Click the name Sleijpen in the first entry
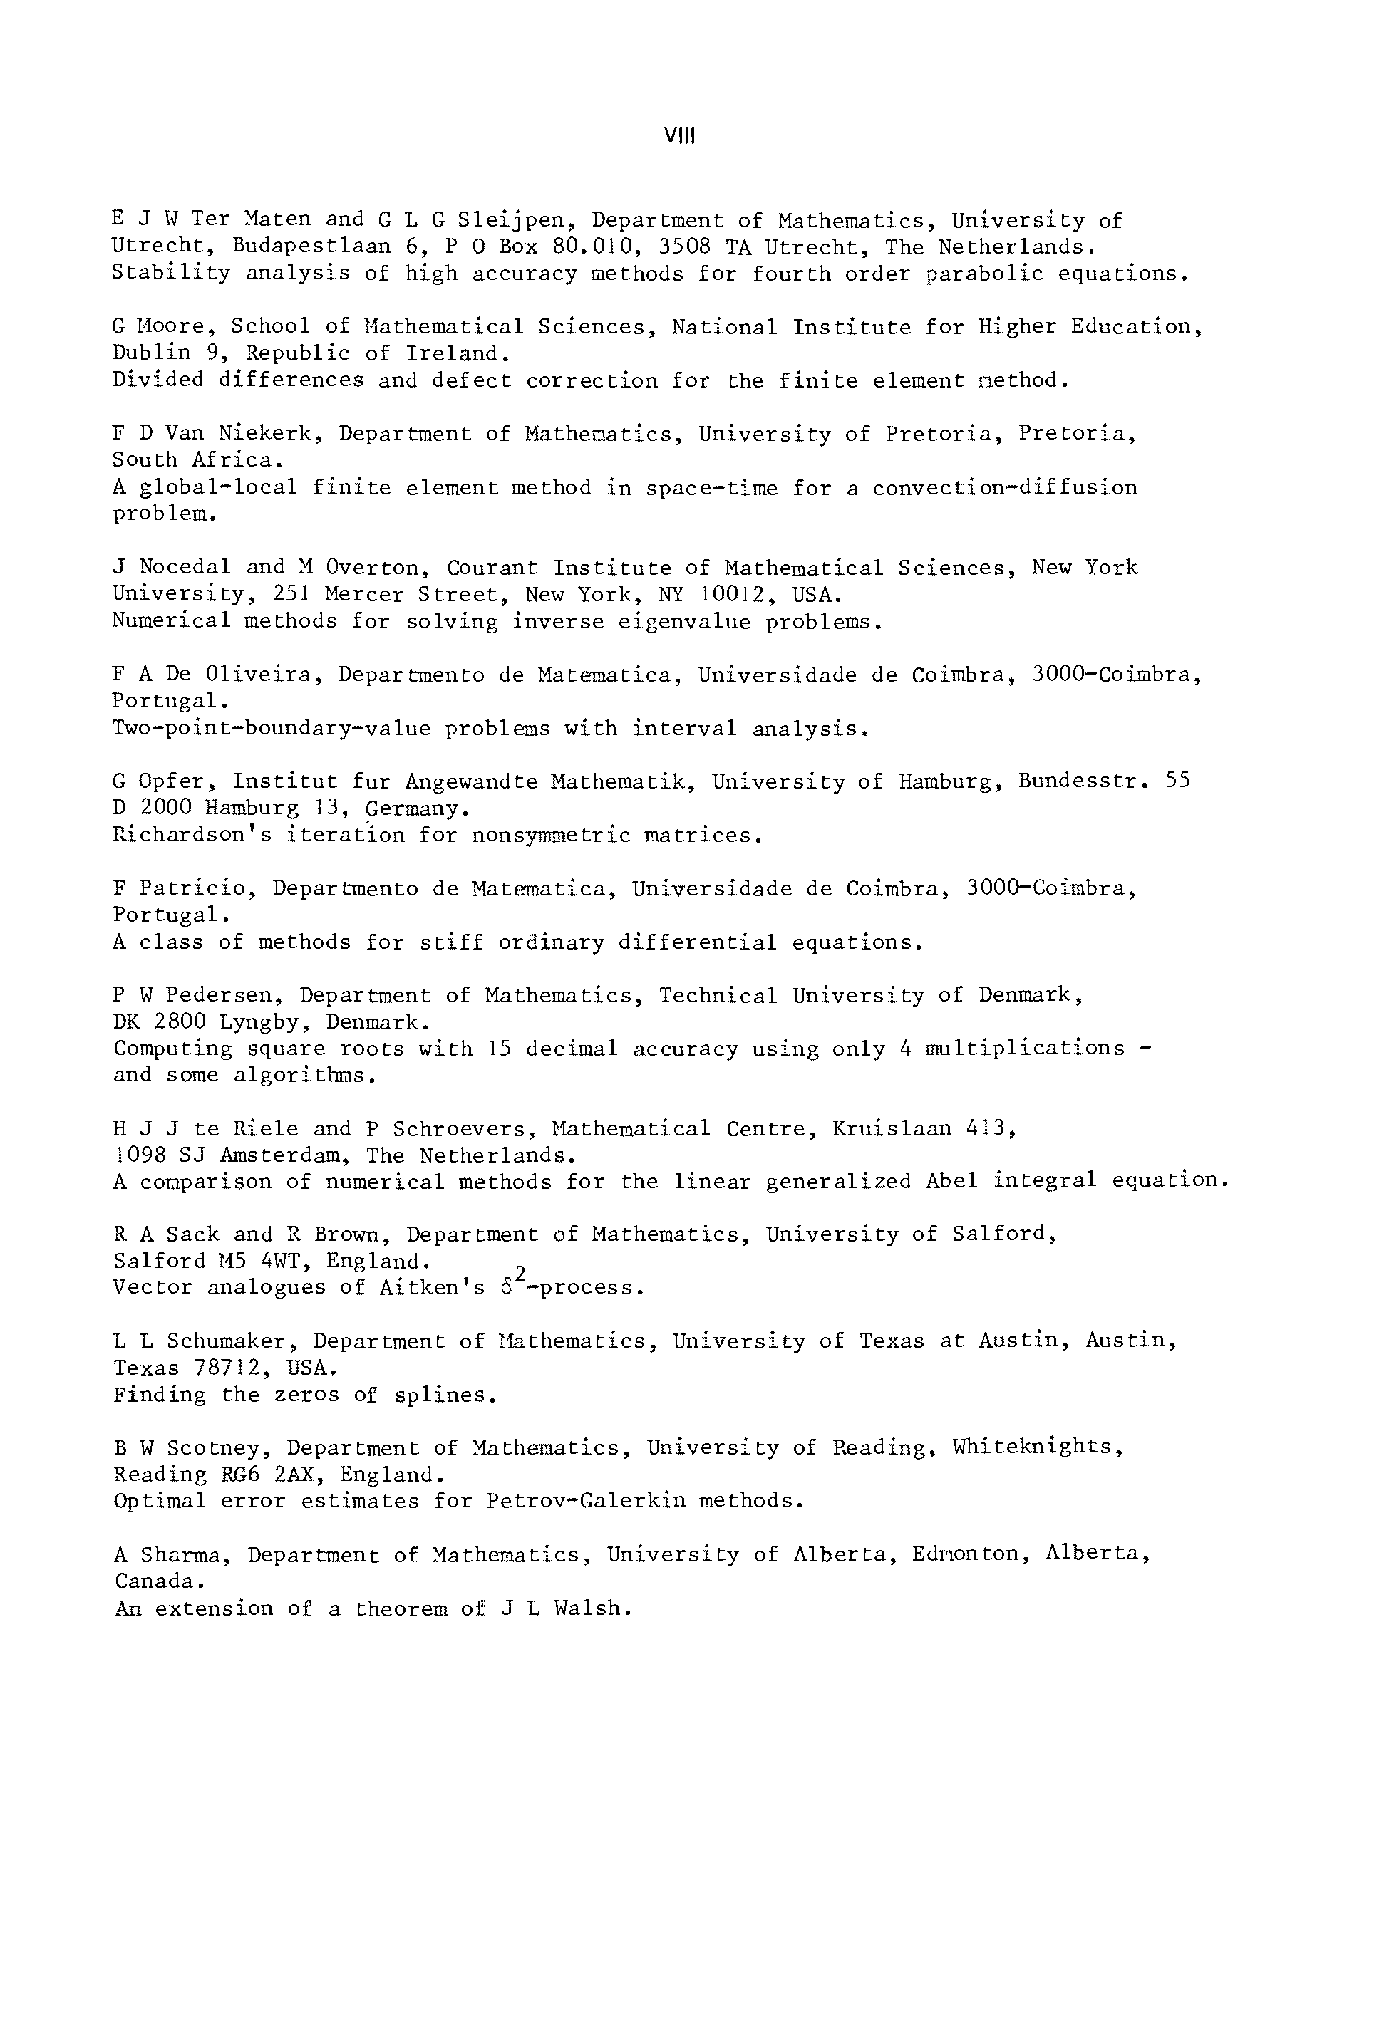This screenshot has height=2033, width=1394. [511, 219]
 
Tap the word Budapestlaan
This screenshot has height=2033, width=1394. [311, 246]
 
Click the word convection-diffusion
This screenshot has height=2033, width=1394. [1005, 487]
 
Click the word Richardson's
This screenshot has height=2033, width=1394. [192, 836]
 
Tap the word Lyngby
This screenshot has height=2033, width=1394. [264, 1021]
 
